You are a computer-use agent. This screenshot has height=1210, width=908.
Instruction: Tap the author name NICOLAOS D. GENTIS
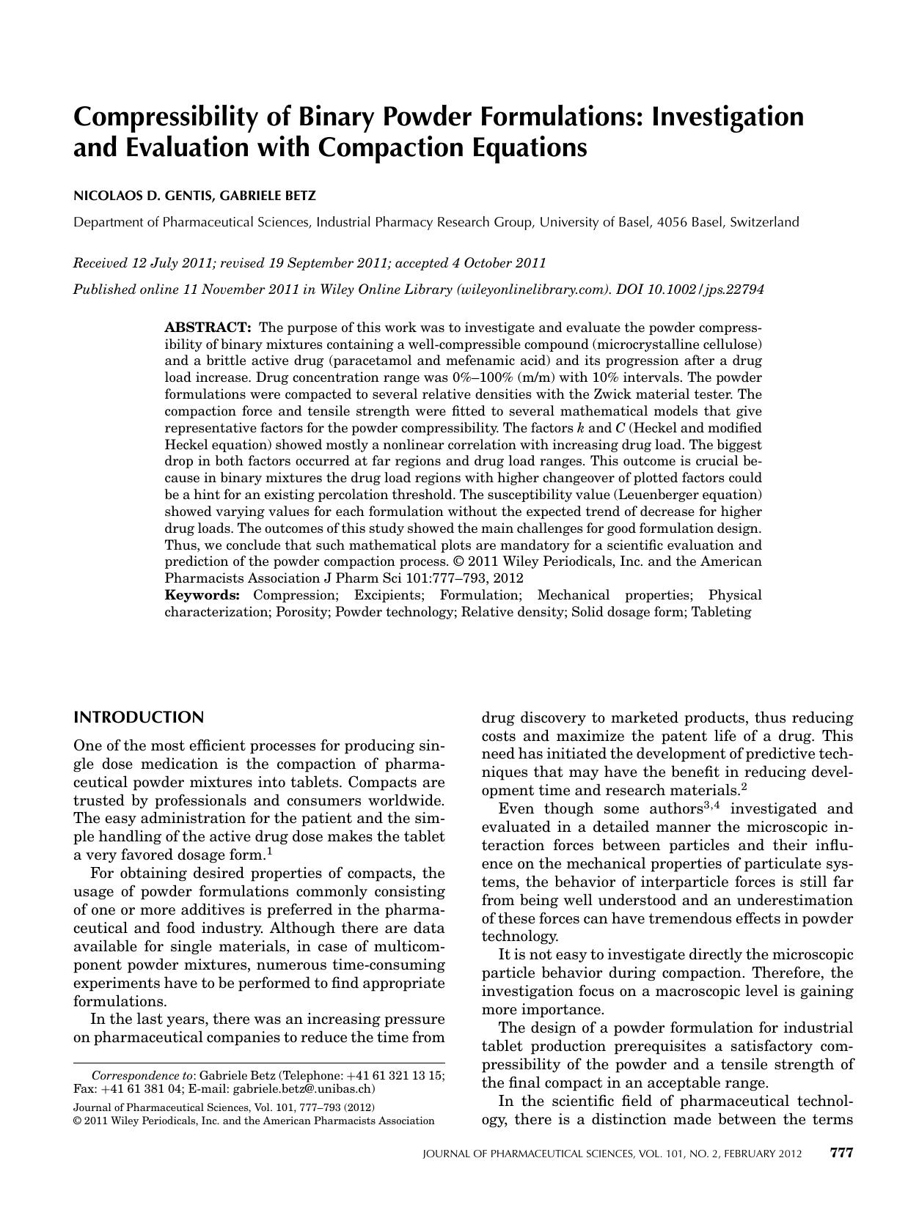[x=137, y=196]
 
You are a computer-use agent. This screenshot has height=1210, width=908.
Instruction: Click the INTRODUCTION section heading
[x=139, y=717]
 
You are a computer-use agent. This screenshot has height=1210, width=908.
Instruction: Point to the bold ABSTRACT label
[x=208, y=327]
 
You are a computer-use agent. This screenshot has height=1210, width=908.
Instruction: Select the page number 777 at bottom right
[x=841, y=1153]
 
